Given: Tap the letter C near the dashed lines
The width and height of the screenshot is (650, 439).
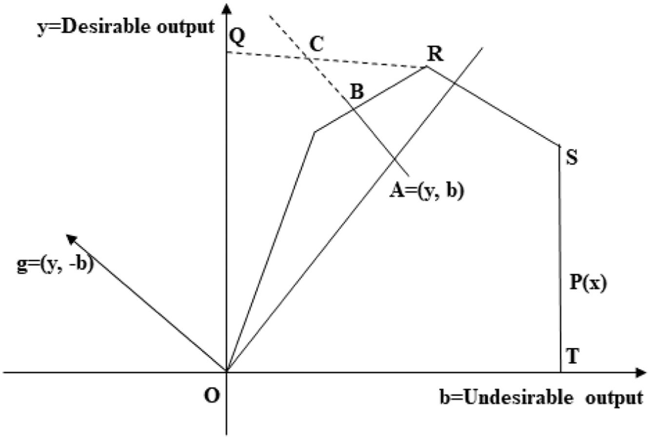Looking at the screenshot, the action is coord(316,44).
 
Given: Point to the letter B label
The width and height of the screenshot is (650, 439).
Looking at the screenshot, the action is coord(357,91).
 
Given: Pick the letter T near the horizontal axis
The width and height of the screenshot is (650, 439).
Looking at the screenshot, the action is coord(572,357).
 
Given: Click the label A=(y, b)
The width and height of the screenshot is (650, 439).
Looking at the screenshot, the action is coord(427,191).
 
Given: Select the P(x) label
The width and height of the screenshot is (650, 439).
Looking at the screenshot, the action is coord(588,283).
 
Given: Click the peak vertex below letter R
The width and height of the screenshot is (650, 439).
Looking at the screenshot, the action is coord(427,66).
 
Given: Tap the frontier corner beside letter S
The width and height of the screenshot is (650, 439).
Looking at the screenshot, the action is coord(559,145).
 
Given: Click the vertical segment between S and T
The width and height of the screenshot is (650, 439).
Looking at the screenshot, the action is coord(560,254).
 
